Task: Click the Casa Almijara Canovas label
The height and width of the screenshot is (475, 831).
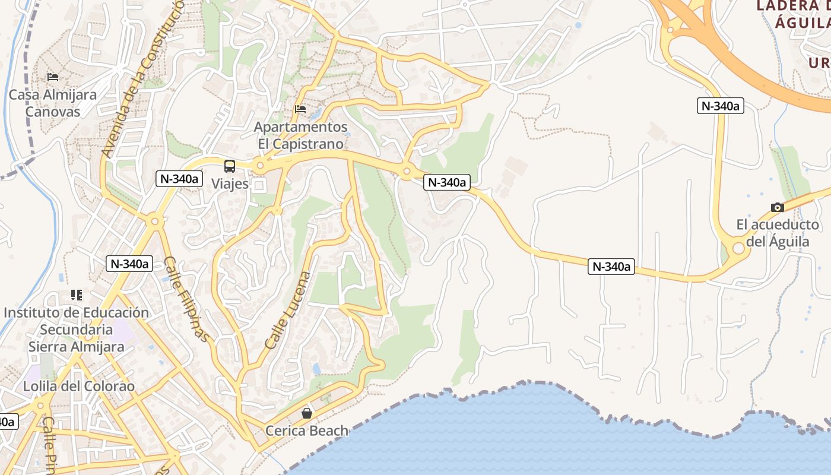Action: point(52,103)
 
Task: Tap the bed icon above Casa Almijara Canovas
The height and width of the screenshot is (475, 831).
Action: point(53,77)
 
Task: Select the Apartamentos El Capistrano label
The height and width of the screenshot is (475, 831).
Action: point(300,135)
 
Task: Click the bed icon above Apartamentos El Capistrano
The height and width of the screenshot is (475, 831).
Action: point(300,109)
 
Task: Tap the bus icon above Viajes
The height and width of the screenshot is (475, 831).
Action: point(230,166)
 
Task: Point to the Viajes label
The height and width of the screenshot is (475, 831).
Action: point(230,183)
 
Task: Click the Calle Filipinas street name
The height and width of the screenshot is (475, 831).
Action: point(186,299)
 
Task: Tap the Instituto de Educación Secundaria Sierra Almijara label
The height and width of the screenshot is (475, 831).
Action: point(77,330)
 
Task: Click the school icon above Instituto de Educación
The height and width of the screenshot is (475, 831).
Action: point(76,295)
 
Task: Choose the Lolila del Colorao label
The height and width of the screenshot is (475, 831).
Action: point(79,387)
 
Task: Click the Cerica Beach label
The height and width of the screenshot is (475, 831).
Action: point(307,430)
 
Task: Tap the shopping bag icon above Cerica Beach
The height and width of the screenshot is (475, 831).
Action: point(307,413)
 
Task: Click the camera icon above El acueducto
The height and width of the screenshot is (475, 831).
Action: point(777,207)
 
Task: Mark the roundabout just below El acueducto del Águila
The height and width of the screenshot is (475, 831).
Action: point(738,248)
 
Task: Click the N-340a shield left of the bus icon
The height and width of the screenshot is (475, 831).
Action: point(179,178)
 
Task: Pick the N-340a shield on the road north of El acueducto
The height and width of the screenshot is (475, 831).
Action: point(720,106)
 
